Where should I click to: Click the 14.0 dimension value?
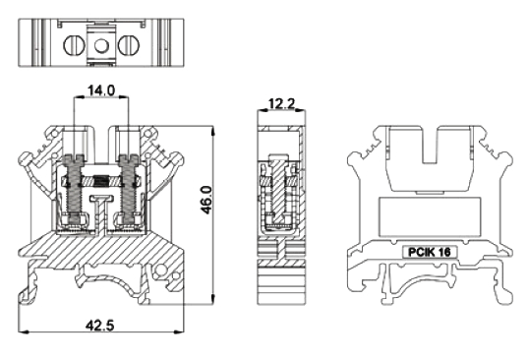[101, 90]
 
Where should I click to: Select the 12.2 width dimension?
[281, 103]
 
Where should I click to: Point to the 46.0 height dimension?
[206, 200]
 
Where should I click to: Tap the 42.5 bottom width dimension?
[100, 326]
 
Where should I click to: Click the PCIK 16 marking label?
[430, 252]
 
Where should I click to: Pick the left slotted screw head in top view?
[73, 45]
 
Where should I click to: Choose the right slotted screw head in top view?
[128, 45]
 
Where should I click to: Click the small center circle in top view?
[100, 45]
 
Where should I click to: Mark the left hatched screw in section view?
[74, 189]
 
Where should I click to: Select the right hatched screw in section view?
[129, 189]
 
